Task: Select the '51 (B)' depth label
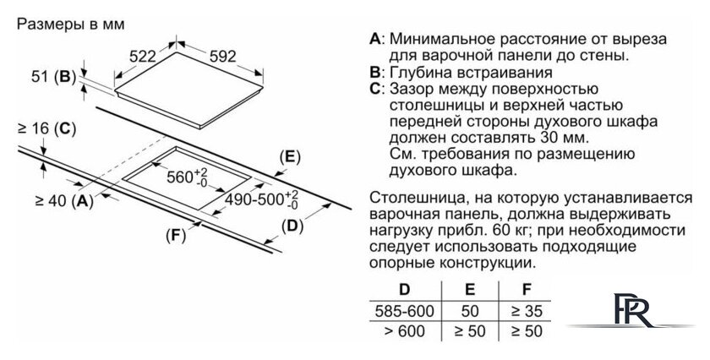52,76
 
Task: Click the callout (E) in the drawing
289,156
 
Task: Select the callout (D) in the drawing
291,226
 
